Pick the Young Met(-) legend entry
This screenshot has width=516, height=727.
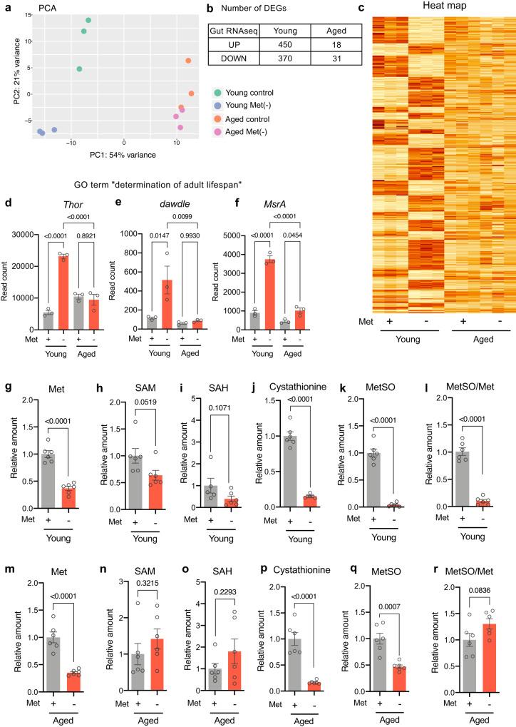click(x=249, y=106)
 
